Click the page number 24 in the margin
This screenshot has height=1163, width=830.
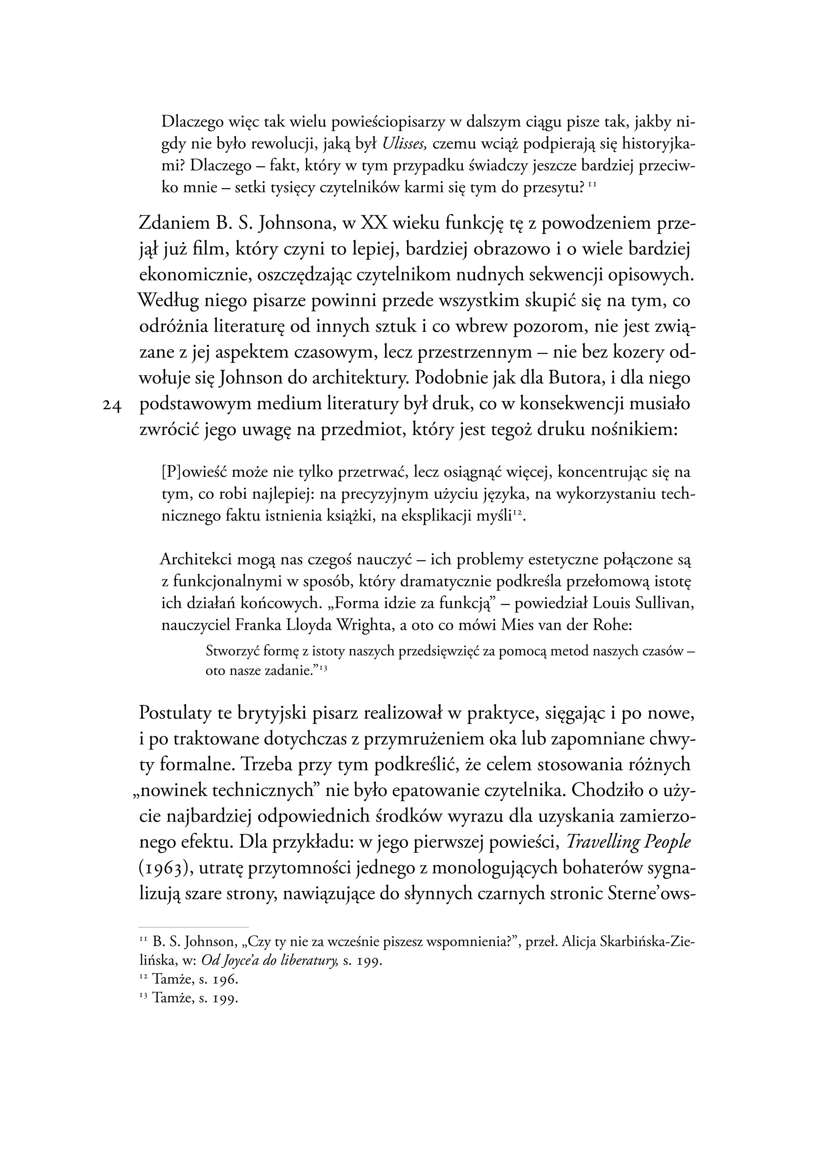(x=111, y=406)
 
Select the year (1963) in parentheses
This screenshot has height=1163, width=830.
(x=164, y=869)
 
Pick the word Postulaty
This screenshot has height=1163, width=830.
(x=174, y=713)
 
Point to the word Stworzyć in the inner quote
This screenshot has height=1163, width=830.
(x=231, y=652)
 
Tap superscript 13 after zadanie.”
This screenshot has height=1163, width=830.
(x=323, y=668)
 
